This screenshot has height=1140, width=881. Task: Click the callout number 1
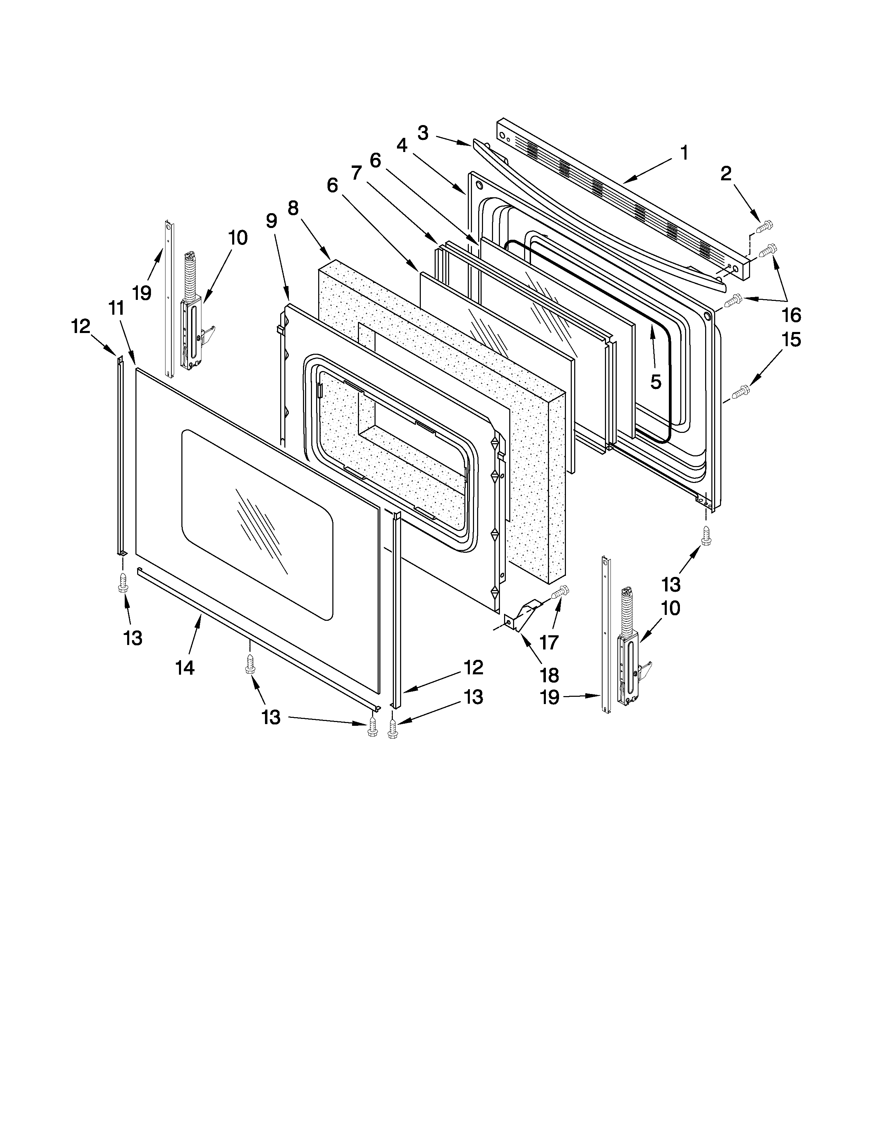point(684,153)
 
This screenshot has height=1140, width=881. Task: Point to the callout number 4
point(401,145)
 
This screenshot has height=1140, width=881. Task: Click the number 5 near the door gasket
point(655,382)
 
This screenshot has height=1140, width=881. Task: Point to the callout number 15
point(791,340)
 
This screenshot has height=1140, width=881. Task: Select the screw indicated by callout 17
point(560,592)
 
